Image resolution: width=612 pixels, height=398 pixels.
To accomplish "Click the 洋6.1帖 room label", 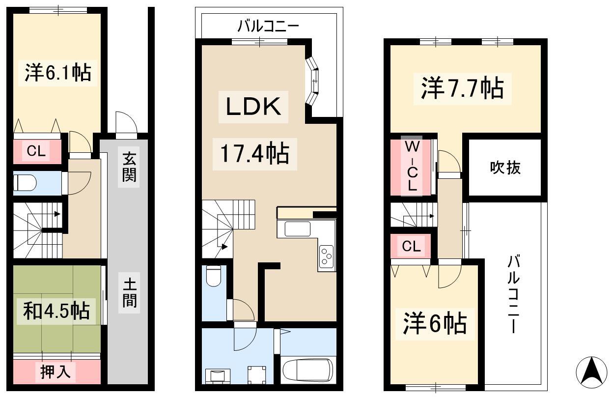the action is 58,73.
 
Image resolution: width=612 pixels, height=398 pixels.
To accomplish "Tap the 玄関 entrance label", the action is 129,167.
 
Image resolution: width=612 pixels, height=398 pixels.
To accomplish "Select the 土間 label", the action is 130,293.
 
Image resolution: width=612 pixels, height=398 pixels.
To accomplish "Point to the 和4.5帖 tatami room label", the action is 56,311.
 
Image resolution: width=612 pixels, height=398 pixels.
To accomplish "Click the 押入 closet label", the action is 56,372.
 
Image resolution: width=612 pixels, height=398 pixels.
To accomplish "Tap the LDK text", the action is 253,107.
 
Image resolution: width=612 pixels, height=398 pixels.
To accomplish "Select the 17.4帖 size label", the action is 254,154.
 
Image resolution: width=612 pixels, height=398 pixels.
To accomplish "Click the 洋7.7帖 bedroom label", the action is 462,88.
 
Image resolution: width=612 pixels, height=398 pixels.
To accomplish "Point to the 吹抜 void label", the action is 505,168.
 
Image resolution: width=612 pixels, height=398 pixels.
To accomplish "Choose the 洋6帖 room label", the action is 435,324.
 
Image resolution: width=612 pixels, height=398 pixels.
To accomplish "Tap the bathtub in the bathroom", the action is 308,370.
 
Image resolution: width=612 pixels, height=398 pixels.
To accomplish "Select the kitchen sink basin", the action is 297,229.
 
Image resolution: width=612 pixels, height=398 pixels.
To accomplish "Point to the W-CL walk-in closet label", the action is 412,166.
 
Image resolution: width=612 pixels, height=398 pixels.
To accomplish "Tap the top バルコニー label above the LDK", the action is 268,27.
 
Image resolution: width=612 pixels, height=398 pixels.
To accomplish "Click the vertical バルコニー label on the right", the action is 513,294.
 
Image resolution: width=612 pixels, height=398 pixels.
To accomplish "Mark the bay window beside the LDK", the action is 312,81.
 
